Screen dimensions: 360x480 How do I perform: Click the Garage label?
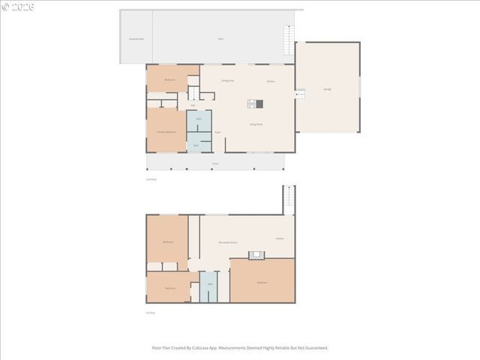[328, 89]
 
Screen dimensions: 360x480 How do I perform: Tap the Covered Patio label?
[136, 38]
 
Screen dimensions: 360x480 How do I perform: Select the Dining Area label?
[228, 80]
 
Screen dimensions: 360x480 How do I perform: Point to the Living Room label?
[256, 124]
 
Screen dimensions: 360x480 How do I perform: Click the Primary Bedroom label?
[166, 132]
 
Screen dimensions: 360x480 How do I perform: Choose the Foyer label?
[218, 133]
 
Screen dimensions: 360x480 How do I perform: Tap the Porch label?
[215, 163]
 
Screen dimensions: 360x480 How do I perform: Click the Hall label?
[193, 105]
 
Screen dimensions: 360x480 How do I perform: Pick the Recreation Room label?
[228, 242]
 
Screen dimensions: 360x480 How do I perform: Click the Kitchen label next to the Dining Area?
[271, 81]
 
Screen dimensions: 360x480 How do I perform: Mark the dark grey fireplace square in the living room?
[259, 104]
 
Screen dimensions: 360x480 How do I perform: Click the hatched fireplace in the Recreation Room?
[257, 256]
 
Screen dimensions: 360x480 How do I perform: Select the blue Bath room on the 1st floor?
[210, 285]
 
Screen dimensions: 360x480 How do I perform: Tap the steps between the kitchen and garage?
[299, 94]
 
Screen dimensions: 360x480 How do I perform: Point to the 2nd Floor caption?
[151, 179]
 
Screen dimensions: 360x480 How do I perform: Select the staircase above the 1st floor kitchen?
[287, 200]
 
